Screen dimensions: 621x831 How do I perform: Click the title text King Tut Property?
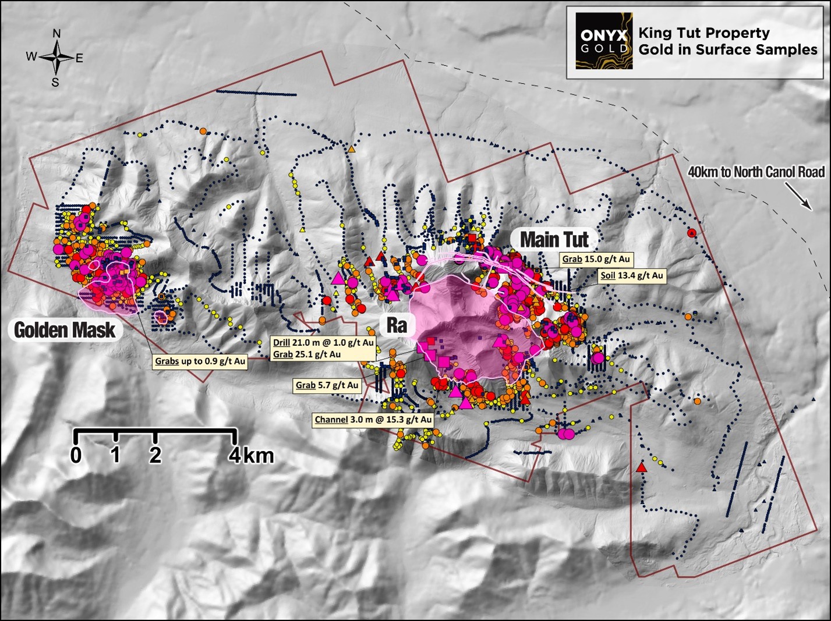703,33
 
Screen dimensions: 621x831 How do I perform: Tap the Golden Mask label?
65,331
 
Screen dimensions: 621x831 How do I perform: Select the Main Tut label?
554,239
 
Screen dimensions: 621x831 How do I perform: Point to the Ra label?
397,325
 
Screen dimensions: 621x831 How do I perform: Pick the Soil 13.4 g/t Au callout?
632,276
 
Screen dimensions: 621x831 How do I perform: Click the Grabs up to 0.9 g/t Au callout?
200,361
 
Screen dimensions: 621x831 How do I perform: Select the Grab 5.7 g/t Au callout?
327,385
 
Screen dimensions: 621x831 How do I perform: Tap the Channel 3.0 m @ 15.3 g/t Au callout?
373,420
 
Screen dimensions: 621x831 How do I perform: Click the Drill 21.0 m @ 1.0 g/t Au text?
323,343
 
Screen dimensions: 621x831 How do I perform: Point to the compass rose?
56,58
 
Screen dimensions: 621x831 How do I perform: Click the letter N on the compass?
56,34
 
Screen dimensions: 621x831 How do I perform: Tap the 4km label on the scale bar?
251,455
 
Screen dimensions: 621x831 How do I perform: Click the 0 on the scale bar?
76,455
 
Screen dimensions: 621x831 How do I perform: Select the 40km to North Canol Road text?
756,172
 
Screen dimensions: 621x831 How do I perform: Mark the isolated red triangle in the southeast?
641,468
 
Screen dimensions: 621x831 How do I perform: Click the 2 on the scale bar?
155,455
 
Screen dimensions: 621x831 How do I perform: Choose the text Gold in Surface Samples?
727,50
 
